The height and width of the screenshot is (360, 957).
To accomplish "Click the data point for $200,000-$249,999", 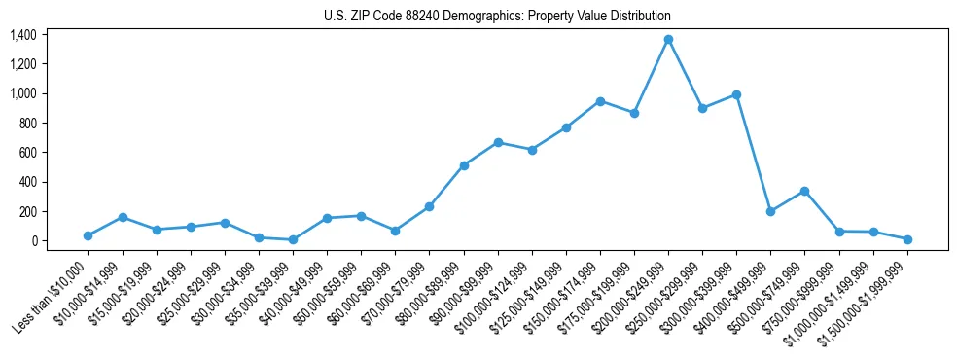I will coord(668,40).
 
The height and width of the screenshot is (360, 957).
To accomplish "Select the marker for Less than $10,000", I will coord(89,235).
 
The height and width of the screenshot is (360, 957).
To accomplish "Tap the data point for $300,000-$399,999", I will coord(736,94).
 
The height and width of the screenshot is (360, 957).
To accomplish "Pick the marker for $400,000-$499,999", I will coord(770,211).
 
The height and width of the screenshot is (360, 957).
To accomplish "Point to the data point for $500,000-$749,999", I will coord(804,191).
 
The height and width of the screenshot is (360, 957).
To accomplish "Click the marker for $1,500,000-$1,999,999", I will coord(907,239).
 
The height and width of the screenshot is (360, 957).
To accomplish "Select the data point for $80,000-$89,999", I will coord(464,165).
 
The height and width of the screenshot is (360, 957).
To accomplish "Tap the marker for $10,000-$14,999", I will coord(123,217).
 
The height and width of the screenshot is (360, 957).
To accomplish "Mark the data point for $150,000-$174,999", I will coord(600,101).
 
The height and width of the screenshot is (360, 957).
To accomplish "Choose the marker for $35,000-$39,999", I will coord(293,239).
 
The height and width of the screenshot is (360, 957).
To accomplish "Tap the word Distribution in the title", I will coord(638,17).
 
